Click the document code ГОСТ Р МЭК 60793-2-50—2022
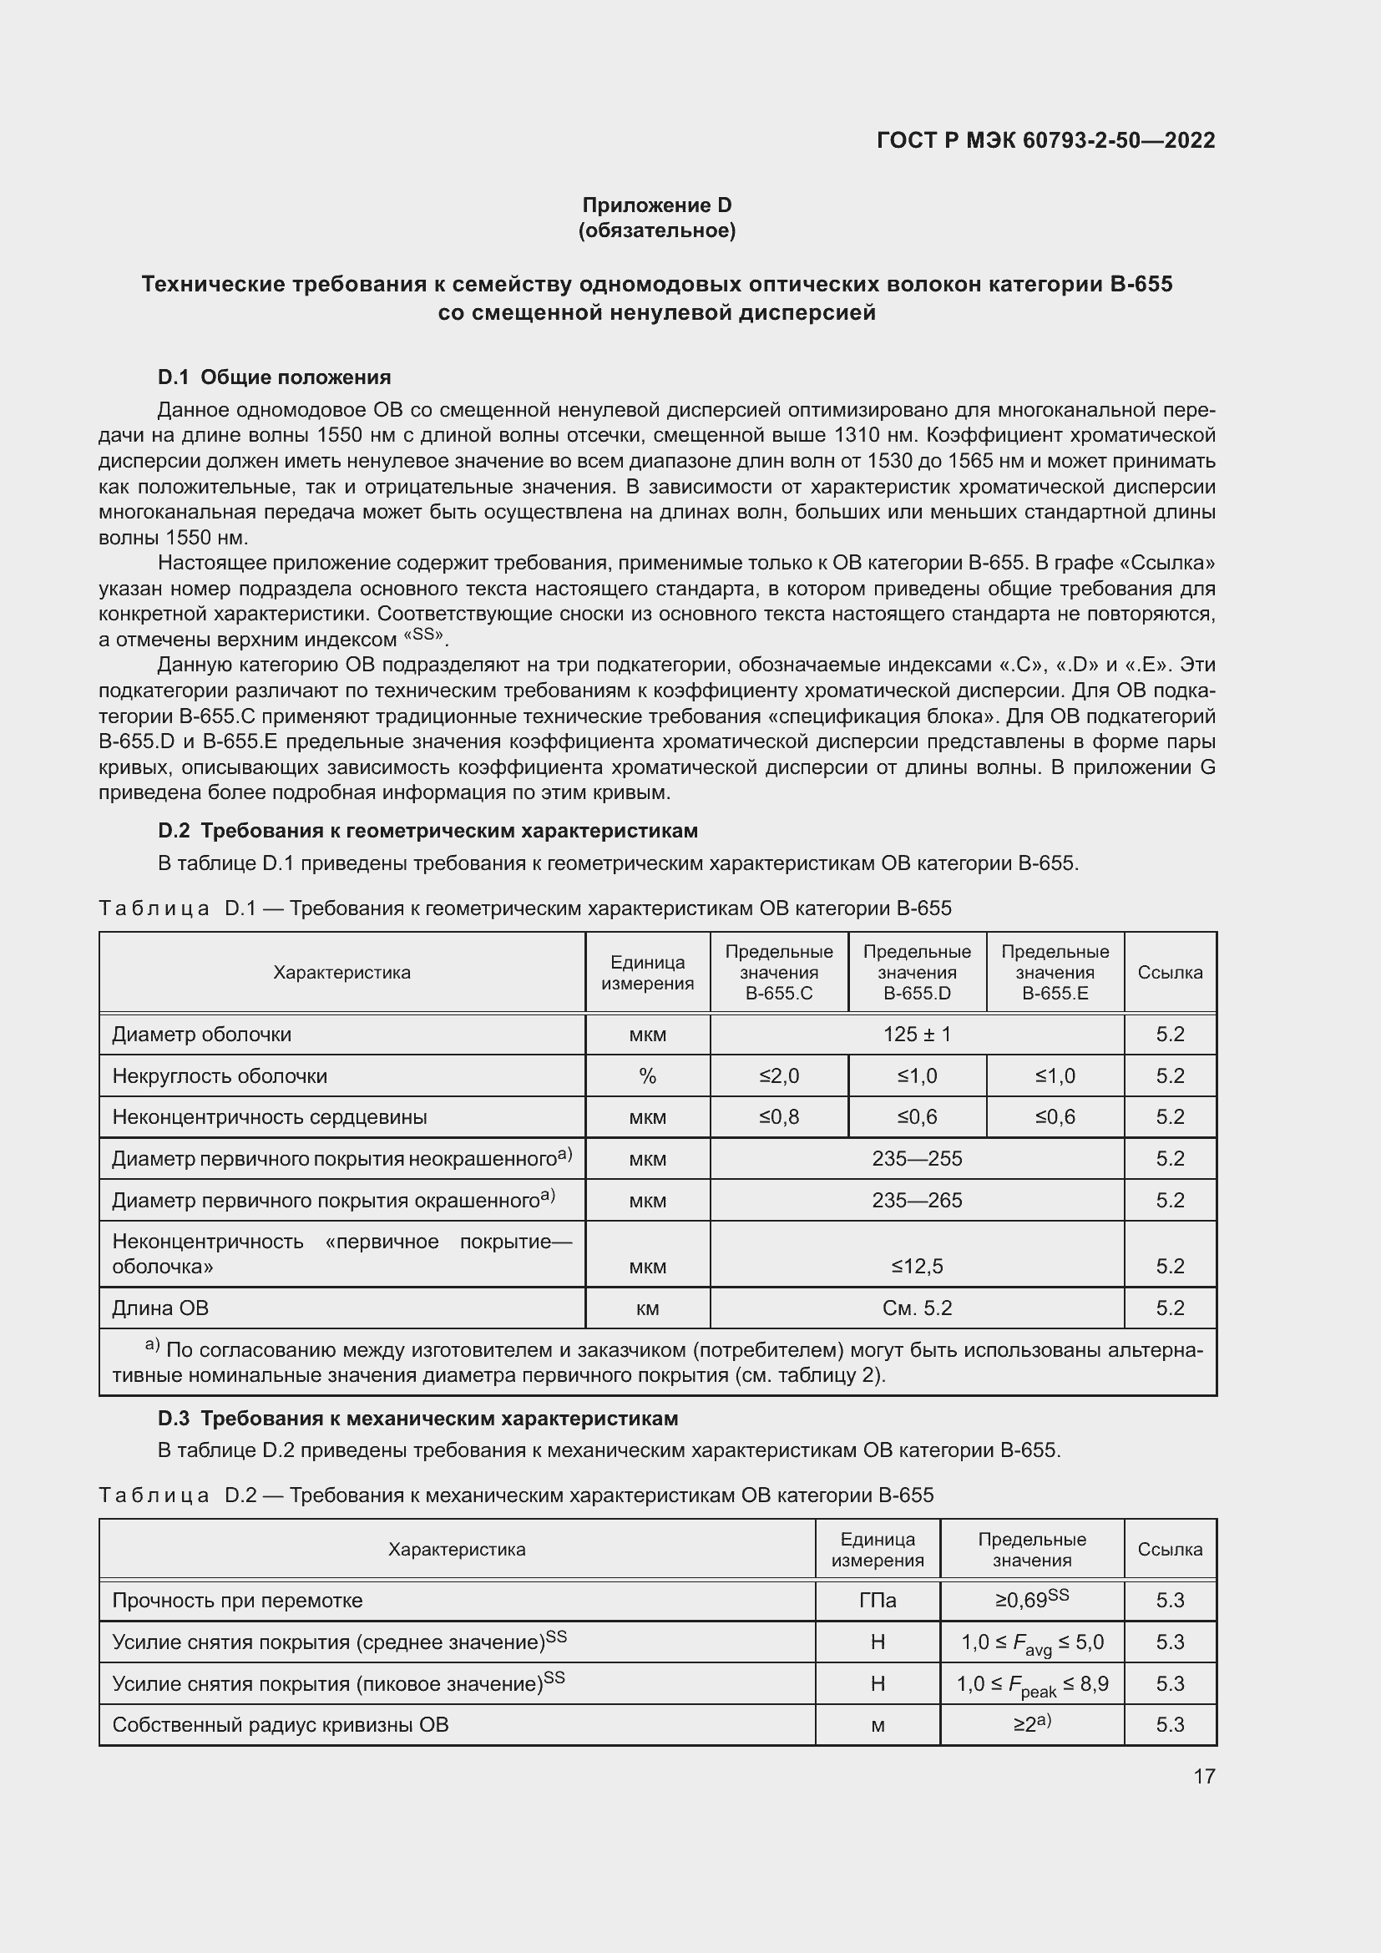[x=1045, y=140]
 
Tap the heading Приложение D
[x=656, y=205]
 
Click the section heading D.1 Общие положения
[x=274, y=377]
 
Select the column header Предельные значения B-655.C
[x=778, y=972]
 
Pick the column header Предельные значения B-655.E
[x=1055, y=972]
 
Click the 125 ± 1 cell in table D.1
[x=917, y=1035]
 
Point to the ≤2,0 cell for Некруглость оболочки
[x=778, y=1076]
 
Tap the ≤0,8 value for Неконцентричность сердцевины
[x=778, y=1117]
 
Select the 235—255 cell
[x=917, y=1159]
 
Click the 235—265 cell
[x=917, y=1200]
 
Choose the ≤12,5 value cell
[x=917, y=1267]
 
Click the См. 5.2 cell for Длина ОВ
[x=917, y=1308]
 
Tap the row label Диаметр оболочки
[x=201, y=1035]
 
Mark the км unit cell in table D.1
[x=647, y=1308]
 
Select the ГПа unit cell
[x=878, y=1601]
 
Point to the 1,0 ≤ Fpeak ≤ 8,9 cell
[x=1031, y=1684]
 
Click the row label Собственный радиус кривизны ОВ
[x=280, y=1725]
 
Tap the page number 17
[x=1204, y=1776]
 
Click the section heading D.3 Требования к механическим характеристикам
[x=417, y=1418]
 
